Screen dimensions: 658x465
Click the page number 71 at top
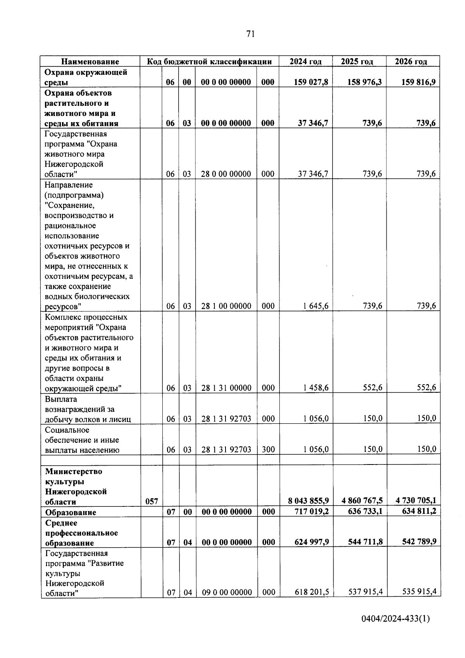pos(250,34)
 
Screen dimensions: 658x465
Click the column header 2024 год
pos(305,61)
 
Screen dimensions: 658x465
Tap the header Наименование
pos(90,61)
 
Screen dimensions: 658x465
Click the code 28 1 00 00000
pos(226,306)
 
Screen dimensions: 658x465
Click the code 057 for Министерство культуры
pos(152,501)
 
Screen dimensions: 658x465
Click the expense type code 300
pos(268,450)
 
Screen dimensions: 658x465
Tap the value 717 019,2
pos(312,511)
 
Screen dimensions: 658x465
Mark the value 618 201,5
pos(312,592)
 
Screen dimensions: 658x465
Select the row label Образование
pos(71,512)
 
